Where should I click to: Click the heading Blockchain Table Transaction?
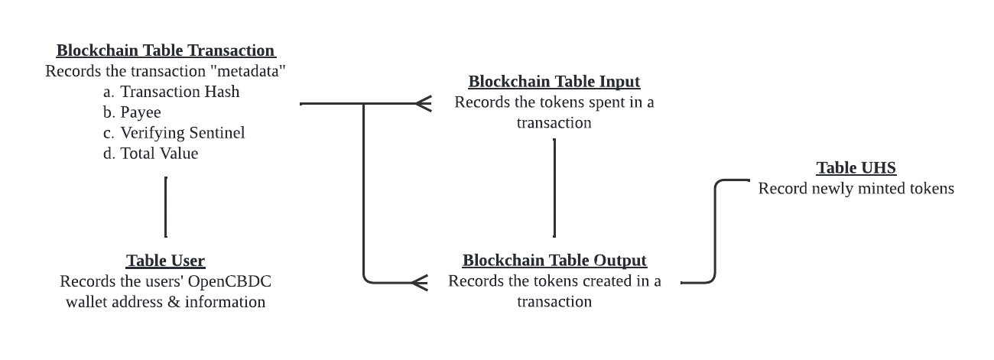[x=166, y=50]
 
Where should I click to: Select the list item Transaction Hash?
[x=180, y=92]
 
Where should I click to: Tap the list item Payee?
[x=141, y=112]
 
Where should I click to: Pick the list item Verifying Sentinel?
[x=183, y=133]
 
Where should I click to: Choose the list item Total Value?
[x=159, y=154]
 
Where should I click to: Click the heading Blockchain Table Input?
[x=554, y=81]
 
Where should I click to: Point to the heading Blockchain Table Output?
[x=554, y=261]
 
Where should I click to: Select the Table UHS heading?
[x=856, y=168]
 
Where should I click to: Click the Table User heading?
[x=166, y=261]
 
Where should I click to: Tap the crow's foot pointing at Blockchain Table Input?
[x=423, y=103]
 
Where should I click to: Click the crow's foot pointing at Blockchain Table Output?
[x=419, y=283]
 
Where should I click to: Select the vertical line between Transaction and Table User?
[x=166, y=206]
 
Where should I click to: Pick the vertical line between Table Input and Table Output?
[x=554, y=188]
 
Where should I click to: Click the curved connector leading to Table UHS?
[x=716, y=229]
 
